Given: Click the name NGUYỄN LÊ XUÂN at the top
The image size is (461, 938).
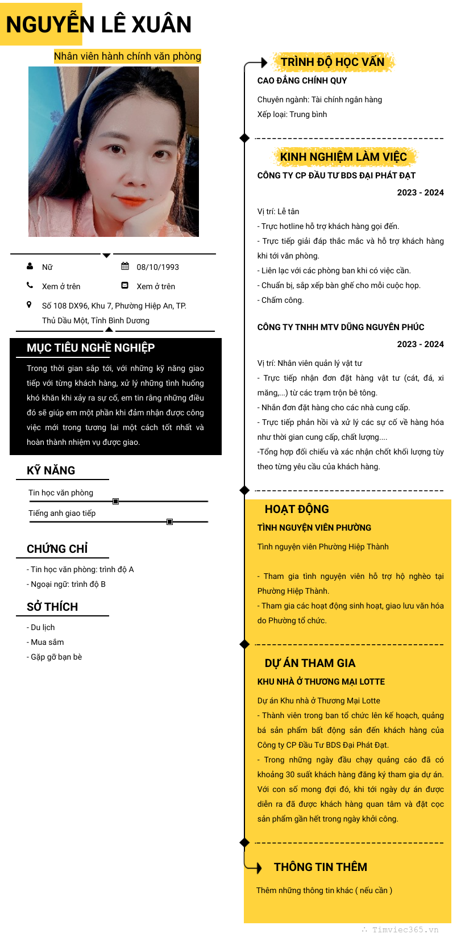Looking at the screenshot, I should tap(98, 24).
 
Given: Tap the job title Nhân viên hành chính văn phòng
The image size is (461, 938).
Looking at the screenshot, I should tap(127, 56).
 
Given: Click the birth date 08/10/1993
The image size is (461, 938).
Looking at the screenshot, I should tap(157, 267).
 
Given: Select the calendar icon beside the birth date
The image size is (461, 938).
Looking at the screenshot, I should tap(125, 266).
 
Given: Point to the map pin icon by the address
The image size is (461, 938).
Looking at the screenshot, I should tap(30, 305).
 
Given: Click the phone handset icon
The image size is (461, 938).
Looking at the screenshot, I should tap(30, 286).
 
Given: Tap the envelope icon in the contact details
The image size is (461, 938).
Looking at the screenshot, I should tap(125, 286).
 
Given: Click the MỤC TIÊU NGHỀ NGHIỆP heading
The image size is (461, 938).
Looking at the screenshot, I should tap(90, 348).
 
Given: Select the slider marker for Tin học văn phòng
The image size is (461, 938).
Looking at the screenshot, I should tap(116, 501).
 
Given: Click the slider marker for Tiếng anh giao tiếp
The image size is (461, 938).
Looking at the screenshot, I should tap(169, 522).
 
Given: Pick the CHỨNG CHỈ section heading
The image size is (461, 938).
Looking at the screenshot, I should tap(57, 549).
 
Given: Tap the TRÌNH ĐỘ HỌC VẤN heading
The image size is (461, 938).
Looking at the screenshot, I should tap(333, 62).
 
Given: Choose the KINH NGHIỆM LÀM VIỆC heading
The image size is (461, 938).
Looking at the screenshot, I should tap(343, 157).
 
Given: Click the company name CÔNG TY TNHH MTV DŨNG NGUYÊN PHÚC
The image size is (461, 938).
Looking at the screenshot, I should tap(340, 327).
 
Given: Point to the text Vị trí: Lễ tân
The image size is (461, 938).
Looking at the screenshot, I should tap(278, 211).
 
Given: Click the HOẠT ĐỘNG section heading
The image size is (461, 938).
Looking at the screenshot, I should tap(297, 509).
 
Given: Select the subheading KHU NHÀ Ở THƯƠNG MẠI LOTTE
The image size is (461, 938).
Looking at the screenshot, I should tap(321, 682).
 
